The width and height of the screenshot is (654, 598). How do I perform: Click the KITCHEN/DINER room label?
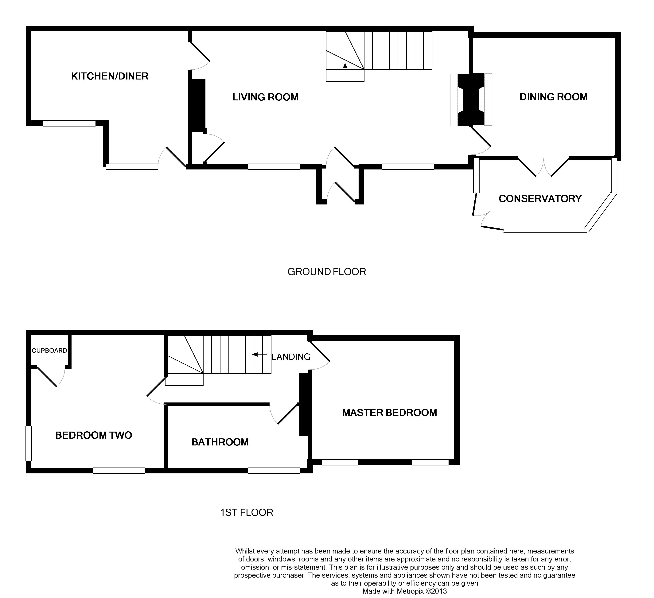coord(110,76)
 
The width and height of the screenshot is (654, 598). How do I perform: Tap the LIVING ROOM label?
coord(265,97)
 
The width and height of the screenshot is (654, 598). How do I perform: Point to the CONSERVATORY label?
coord(540,198)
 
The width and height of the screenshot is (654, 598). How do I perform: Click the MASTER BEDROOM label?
coord(389,413)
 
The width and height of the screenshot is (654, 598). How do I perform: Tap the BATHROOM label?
coord(220,442)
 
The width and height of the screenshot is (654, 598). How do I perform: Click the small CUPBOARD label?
coord(49,351)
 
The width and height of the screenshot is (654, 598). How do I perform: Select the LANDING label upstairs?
coord(291,357)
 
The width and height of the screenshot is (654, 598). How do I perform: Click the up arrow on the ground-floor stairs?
coord(345,70)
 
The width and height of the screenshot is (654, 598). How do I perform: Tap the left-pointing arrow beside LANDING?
coord(259,355)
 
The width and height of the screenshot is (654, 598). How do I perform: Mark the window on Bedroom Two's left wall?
coord(29,443)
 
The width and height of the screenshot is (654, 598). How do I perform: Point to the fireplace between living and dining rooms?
coord(471,99)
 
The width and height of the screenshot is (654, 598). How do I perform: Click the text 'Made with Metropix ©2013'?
coord(405,591)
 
